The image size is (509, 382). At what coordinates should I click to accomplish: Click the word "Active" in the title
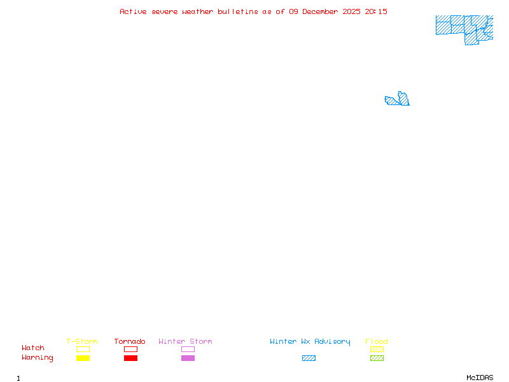tap(133, 11)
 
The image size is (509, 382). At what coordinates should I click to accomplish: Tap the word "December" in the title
tap(320, 11)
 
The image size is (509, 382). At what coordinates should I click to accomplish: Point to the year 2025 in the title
tap(351, 11)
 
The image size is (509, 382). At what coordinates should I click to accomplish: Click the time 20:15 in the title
tap(376, 11)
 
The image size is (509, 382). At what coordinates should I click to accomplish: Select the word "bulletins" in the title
tap(238, 11)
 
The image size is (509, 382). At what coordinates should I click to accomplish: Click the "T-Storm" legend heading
tap(82, 341)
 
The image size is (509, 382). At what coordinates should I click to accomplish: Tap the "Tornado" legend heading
tap(130, 341)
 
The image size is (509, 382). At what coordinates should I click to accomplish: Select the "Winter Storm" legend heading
tap(185, 341)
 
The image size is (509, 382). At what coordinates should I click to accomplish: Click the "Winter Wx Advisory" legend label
tap(310, 342)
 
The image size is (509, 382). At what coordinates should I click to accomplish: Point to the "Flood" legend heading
tap(377, 341)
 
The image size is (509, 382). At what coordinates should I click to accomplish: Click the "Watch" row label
tap(33, 348)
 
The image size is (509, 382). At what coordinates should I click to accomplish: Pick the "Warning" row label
tap(38, 358)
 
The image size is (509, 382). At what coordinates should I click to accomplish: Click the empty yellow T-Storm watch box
tap(83, 349)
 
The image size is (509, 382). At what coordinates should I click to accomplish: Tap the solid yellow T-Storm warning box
tap(83, 358)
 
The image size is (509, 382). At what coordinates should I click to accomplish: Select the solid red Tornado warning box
tap(131, 358)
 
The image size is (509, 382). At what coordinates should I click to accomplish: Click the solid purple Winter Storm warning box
tap(188, 358)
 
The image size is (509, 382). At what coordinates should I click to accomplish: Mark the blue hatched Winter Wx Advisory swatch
tap(309, 358)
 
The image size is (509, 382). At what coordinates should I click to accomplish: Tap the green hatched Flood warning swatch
tap(377, 358)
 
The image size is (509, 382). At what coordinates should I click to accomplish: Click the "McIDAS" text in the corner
tap(480, 378)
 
